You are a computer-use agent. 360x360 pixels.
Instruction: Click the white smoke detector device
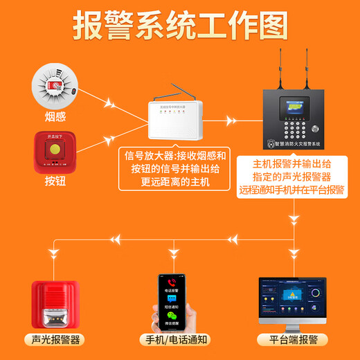[x=55, y=85]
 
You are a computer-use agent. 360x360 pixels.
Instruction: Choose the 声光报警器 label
[x=56, y=339]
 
